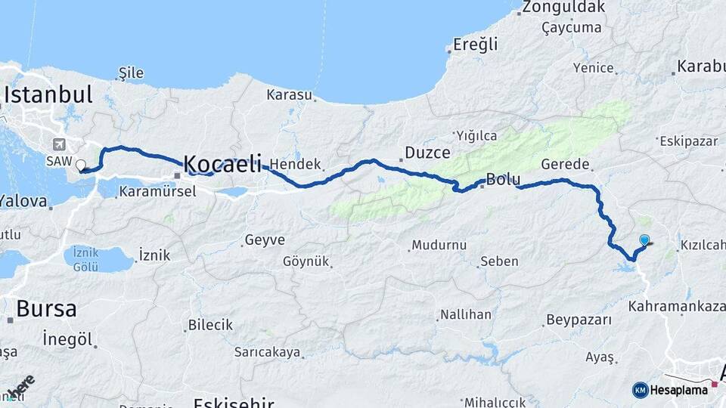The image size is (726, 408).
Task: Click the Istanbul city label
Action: [49, 94]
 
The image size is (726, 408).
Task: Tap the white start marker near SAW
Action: [81, 164]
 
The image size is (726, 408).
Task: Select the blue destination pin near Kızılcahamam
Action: [644, 240]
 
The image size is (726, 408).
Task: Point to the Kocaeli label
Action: [222, 163]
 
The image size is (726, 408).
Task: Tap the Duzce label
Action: [428, 153]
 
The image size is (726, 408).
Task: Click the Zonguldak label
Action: [563, 8]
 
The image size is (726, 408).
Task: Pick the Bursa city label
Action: [46, 308]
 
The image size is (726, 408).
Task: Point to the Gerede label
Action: [565, 164]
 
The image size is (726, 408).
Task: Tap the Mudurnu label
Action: [439, 246]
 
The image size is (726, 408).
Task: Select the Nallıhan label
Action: [466, 314]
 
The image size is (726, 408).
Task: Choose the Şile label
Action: [131, 73]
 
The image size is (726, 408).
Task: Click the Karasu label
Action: [289, 95]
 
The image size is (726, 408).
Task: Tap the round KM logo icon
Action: [640, 390]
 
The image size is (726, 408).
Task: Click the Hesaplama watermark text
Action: [679, 390]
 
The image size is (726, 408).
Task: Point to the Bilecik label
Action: [211, 325]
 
